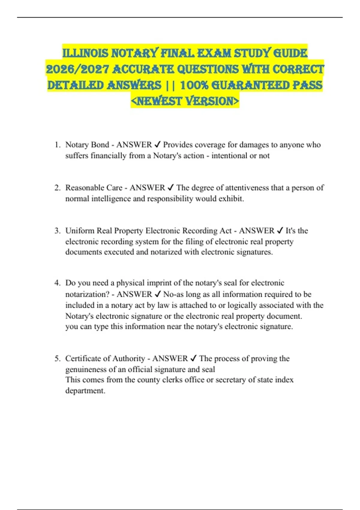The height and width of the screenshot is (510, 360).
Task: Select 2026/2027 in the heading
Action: (x=77, y=69)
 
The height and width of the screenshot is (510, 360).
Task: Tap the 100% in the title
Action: (x=194, y=85)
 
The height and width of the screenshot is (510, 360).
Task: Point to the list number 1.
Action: (x=57, y=145)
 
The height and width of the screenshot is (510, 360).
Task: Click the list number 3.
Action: (x=57, y=231)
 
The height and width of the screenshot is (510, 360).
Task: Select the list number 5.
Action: (x=57, y=358)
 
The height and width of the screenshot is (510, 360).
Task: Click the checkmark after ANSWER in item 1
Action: (x=157, y=145)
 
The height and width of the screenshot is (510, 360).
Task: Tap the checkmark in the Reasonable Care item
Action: (x=171, y=188)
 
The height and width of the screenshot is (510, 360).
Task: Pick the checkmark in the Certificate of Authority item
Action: (x=193, y=358)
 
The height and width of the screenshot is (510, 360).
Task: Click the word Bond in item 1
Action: (x=100, y=145)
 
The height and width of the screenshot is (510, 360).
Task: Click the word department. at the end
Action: (x=85, y=391)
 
